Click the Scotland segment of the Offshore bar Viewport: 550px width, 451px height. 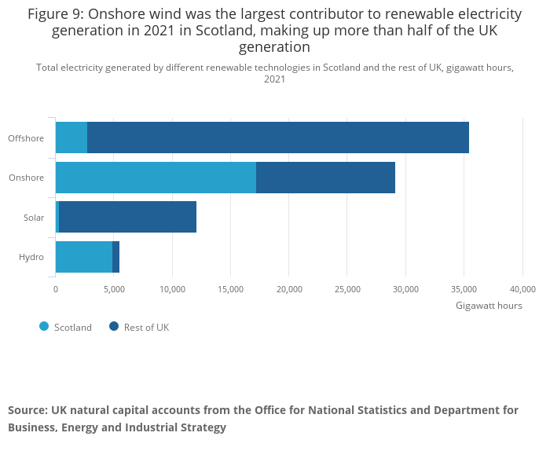[x=71, y=137]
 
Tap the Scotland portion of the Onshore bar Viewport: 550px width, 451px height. [x=156, y=178]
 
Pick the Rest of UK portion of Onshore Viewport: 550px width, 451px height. [x=325, y=178]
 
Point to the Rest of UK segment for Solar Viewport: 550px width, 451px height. [x=127, y=217]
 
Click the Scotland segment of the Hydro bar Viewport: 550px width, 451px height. [x=84, y=257]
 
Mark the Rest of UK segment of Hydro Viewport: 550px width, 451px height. [x=116, y=257]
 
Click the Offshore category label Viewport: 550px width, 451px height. [x=26, y=138]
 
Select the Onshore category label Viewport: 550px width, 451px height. [x=26, y=178]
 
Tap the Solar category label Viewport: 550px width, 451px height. [x=34, y=218]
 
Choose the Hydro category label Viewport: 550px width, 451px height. [x=31, y=257]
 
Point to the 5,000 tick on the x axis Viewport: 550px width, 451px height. [x=114, y=289]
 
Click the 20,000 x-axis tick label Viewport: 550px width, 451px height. [x=289, y=289]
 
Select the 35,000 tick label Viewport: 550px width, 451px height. [x=464, y=289]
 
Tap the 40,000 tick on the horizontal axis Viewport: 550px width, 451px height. [x=522, y=289]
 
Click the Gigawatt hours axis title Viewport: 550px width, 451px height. [x=489, y=306]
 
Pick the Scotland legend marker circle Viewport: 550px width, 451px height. [x=44, y=327]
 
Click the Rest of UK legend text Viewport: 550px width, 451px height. [x=146, y=328]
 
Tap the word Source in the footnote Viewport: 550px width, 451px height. [x=27, y=410]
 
